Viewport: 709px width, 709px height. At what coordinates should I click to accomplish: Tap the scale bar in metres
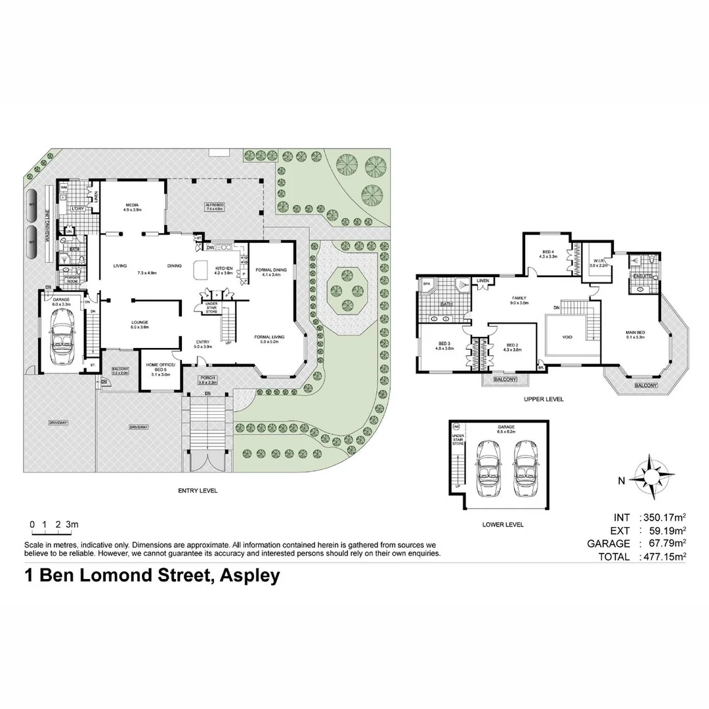pos(54,525)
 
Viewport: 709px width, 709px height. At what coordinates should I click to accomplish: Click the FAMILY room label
pos(519,300)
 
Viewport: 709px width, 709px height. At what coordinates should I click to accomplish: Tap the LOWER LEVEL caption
pos(502,525)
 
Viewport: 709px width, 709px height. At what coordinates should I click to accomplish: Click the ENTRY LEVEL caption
pos(198,490)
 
